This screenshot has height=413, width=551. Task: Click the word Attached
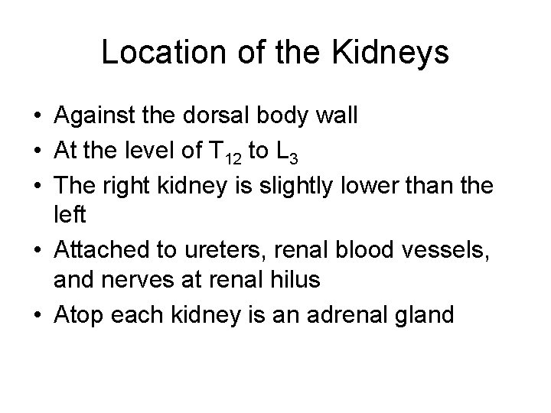click(x=100, y=247)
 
